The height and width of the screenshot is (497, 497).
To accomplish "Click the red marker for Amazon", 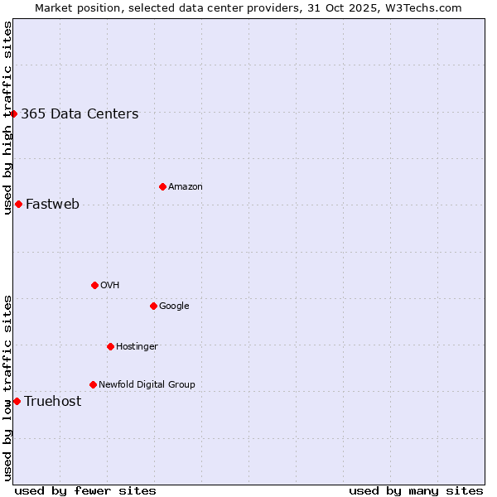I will (162, 186).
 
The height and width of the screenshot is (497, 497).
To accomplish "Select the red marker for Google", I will (153, 306).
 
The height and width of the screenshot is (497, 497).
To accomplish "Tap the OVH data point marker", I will (94, 285).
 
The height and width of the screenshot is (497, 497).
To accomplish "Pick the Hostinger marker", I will (110, 346).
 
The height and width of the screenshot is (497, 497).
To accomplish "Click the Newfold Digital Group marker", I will (93, 384).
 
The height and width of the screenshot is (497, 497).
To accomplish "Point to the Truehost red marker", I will (17, 401).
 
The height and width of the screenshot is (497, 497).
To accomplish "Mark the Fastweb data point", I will (18, 204).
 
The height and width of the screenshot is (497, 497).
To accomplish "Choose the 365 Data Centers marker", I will (14, 113).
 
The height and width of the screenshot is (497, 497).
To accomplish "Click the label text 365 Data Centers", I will (80, 114).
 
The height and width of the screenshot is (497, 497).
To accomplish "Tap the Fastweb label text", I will (52, 205).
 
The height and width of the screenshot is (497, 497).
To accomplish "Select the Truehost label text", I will (52, 402).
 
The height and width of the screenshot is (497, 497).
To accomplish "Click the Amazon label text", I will (186, 187).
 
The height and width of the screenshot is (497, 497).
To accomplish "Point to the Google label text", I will (174, 306).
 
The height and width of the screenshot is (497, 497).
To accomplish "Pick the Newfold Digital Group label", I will (147, 385).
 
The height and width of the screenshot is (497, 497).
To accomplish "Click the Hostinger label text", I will (137, 347).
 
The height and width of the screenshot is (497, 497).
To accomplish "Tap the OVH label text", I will (110, 286).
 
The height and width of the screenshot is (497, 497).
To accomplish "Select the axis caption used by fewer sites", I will (84, 491).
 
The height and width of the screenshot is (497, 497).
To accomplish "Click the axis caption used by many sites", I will (416, 491).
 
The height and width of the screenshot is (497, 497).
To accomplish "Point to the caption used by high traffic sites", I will (7, 117).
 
